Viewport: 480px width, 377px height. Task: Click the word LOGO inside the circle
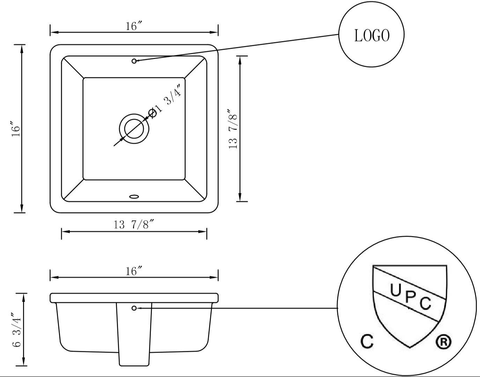371,36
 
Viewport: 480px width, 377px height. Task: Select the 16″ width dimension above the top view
134,26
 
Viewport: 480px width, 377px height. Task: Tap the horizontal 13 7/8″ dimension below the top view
134,225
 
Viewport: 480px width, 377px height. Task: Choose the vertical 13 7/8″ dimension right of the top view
233,129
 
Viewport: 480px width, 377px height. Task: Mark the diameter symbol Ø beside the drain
152,113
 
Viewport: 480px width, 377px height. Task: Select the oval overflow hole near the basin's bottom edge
134,197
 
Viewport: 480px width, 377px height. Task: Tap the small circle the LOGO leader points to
134,61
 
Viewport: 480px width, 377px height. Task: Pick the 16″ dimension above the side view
134,271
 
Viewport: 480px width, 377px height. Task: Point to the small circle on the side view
134,308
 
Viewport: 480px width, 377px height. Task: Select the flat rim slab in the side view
134,298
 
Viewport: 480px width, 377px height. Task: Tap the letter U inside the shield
395,290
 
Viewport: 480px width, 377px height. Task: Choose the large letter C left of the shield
367,341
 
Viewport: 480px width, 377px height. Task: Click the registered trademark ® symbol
444,342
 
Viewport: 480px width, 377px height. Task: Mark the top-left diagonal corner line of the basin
73,67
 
